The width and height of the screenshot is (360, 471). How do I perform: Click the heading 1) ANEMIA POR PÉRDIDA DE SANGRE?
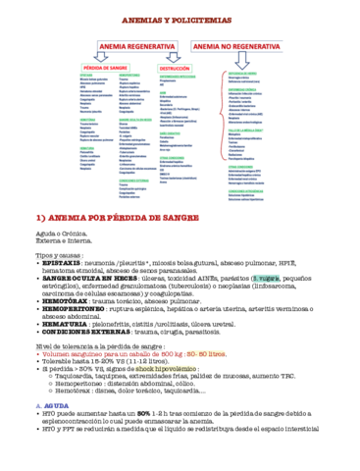[118, 214]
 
